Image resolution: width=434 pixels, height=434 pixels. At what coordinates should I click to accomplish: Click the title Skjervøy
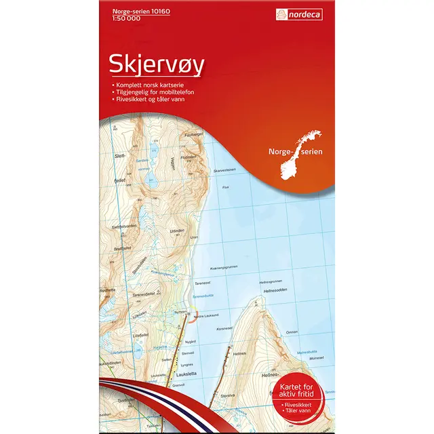point(157,65)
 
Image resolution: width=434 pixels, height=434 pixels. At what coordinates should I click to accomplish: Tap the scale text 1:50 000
point(115,20)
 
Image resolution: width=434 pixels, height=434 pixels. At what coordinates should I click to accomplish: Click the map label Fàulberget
point(194,134)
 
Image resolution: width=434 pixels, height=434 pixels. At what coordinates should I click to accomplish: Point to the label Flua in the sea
point(226,185)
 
